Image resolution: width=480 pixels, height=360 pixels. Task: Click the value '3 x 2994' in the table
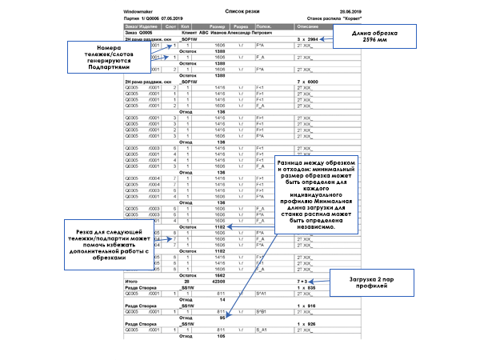pos(307,38)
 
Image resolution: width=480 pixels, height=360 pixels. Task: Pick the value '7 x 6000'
pos(307,82)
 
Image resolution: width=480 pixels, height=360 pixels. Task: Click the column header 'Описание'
pos(307,26)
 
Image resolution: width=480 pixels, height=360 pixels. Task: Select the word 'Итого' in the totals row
pos(133,282)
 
